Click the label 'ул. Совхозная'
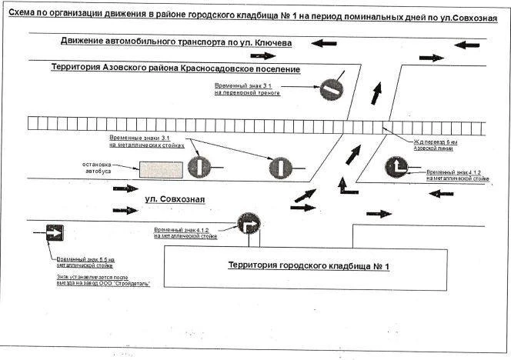[175, 200]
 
